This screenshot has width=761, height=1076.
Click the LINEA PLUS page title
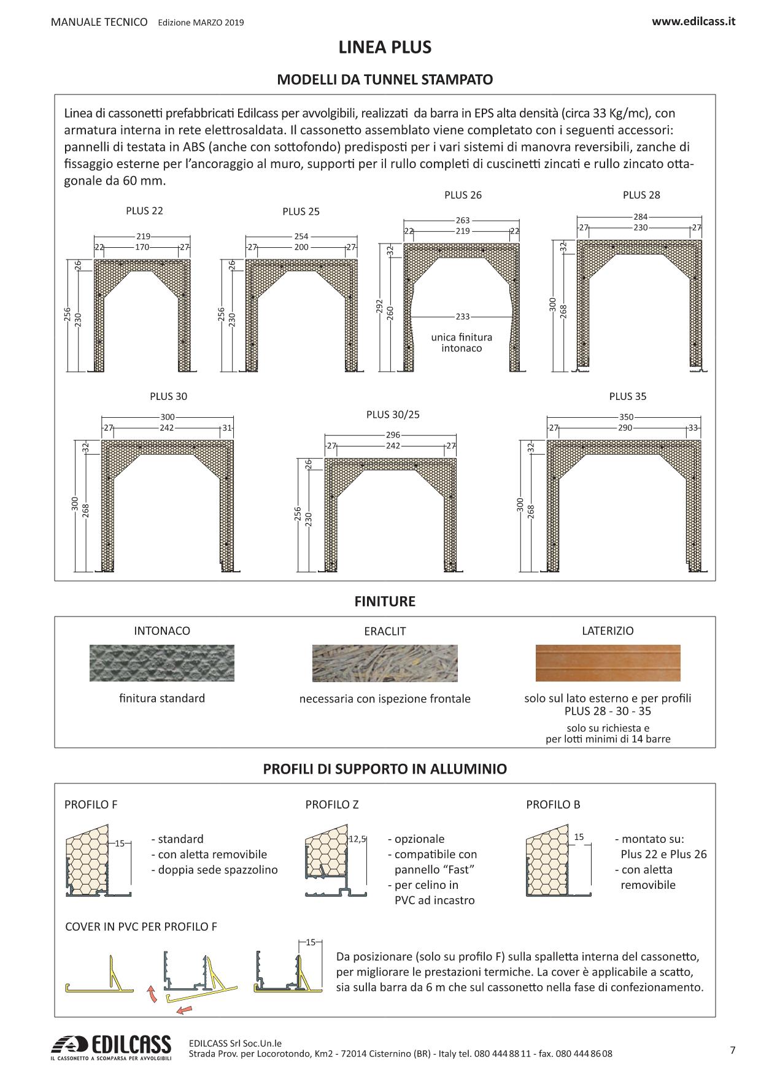click(x=385, y=47)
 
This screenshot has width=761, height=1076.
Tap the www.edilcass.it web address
click(x=693, y=21)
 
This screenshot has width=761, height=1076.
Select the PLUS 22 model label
click(x=144, y=210)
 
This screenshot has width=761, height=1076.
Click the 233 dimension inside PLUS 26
click(x=463, y=317)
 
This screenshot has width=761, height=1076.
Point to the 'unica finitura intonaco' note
click(x=462, y=343)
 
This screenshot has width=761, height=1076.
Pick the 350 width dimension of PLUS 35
click(x=626, y=417)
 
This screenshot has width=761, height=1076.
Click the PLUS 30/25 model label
click(x=393, y=414)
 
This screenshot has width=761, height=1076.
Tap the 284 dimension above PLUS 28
click(x=640, y=217)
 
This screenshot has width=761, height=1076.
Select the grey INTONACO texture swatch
click(x=162, y=663)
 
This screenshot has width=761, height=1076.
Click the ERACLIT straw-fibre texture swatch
click(x=385, y=663)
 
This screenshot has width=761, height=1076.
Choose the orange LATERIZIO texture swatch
click(x=608, y=663)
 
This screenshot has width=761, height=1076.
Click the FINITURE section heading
click(x=385, y=601)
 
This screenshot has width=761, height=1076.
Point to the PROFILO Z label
click(x=332, y=804)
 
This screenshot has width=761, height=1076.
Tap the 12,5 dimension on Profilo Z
click(x=357, y=839)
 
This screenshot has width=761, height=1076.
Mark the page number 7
click(x=733, y=1050)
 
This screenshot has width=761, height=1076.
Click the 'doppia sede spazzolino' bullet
click(x=214, y=869)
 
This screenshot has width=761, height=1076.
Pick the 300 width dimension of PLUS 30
click(x=168, y=417)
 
